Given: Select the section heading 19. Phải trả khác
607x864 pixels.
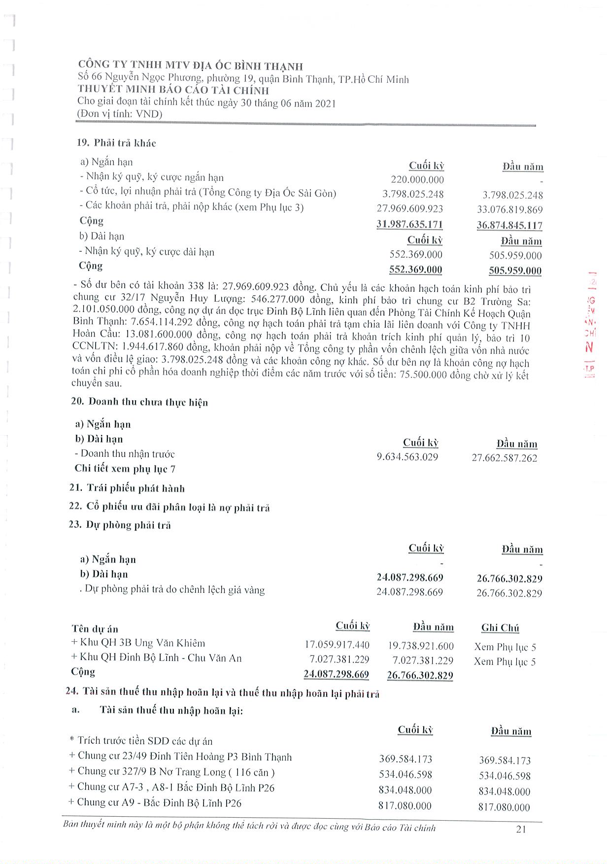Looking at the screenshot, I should (x=116, y=143).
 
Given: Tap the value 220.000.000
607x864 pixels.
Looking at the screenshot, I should (x=417, y=180).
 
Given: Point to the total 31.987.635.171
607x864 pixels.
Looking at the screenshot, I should (x=409, y=225).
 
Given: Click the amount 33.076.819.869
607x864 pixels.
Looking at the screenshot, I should (x=509, y=210).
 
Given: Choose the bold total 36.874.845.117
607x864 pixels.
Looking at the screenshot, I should (x=509, y=226).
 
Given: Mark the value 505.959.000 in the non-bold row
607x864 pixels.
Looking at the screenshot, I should (x=515, y=255).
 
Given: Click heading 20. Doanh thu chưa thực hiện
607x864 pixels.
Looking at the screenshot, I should (x=139, y=402).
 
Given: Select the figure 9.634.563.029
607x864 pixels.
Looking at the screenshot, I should (x=407, y=457).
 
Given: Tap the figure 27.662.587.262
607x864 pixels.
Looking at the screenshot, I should (x=505, y=458).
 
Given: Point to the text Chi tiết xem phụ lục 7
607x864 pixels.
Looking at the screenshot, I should (x=125, y=469).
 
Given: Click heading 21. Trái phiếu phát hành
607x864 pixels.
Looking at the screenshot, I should (x=127, y=488).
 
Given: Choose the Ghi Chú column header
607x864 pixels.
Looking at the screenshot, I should (x=500, y=628).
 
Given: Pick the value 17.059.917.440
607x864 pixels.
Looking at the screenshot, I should (x=337, y=645).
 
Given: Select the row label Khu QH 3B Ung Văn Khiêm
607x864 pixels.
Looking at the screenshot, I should (x=138, y=643).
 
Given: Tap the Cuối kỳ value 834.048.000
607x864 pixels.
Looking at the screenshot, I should (x=405, y=790).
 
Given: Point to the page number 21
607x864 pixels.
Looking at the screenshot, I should (x=521, y=829).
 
